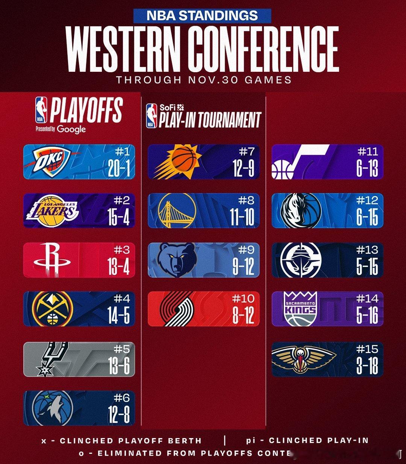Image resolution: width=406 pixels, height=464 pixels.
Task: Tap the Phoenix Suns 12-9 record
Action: click(x=243, y=168)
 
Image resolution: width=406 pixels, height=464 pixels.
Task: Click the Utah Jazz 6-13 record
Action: click(x=367, y=168)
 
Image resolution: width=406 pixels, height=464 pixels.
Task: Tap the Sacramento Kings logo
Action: click(x=300, y=309)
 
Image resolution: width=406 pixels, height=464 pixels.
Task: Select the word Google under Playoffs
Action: click(x=72, y=129)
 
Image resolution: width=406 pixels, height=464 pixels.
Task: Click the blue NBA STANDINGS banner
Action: click(x=202, y=15)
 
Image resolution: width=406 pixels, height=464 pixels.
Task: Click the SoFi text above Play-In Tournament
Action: click(x=167, y=107)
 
